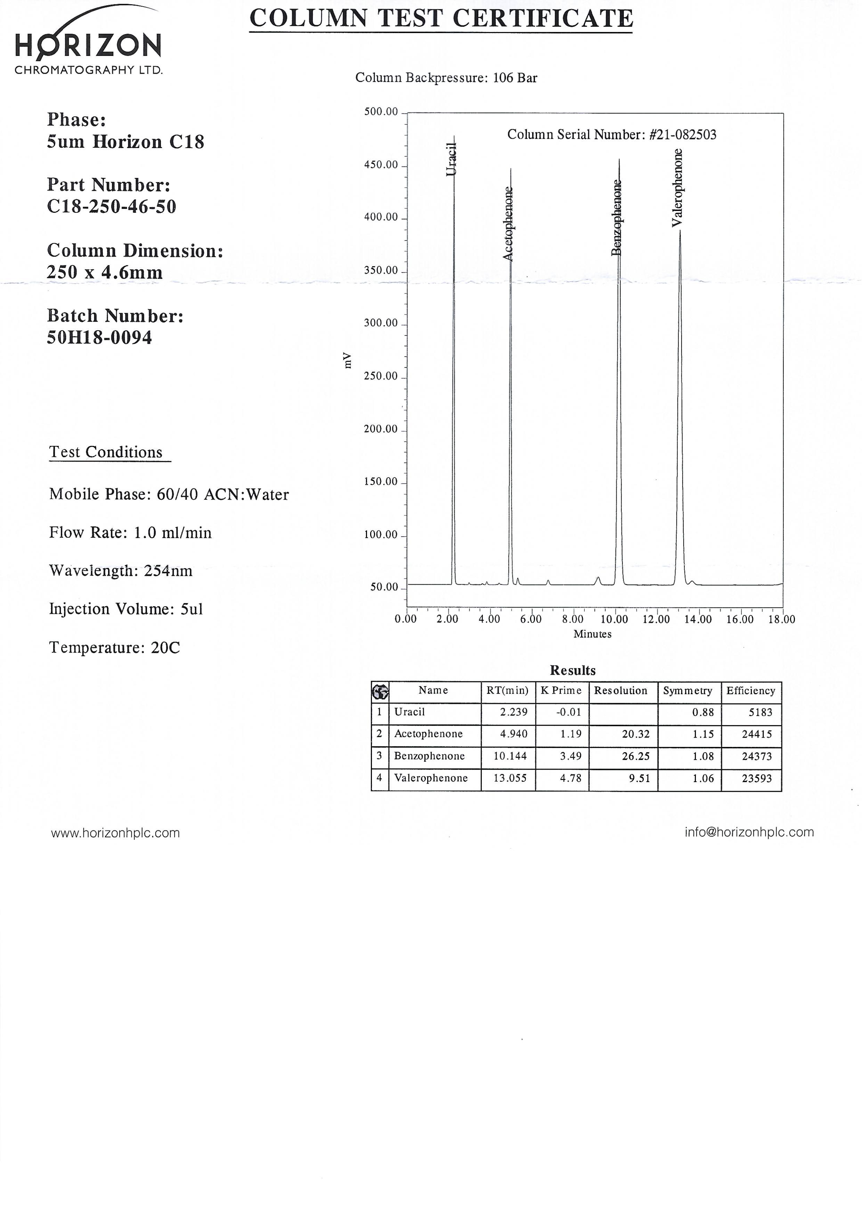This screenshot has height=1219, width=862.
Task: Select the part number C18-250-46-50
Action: [112, 206]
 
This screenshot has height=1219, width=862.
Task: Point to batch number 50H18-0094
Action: [99, 338]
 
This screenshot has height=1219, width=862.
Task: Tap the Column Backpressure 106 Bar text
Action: [446, 78]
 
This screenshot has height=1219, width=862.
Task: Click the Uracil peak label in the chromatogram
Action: [451, 159]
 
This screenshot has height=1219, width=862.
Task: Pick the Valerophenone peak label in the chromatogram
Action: [677, 187]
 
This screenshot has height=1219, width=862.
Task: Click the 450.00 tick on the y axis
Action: [381, 165]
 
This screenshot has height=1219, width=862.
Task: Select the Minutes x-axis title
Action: [592, 634]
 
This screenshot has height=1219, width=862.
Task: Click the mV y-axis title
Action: [348, 360]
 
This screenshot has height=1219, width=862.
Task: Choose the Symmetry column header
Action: [688, 691]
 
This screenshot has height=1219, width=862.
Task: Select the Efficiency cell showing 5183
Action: [760, 713]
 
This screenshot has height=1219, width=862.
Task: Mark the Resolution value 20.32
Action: [635, 734]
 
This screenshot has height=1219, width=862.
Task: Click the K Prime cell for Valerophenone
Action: [571, 778]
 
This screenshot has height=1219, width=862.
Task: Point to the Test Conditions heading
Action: [106, 452]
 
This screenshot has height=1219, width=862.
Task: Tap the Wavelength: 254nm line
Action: [121, 571]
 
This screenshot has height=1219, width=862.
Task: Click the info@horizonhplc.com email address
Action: [749, 832]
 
